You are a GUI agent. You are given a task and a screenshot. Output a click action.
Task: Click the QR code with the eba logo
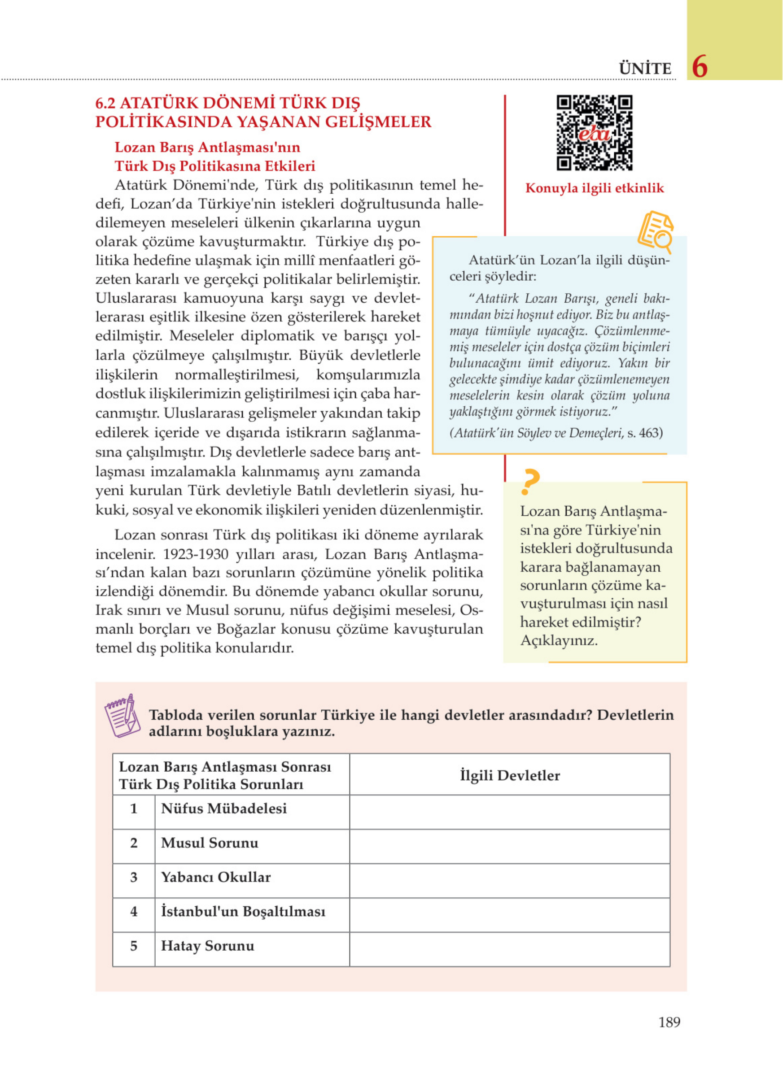click(594, 133)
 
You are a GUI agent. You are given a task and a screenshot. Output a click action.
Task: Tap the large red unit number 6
click(700, 67)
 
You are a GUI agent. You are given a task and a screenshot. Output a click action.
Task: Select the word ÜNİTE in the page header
click(645, 69)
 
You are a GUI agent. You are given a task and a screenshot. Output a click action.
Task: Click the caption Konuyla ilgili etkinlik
click(595, 188)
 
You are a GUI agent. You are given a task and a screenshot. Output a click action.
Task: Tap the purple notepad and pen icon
click(122, 716)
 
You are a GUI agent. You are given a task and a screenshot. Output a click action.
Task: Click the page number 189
click(669, 1022)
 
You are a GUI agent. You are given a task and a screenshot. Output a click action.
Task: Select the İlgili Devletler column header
click(510, 775)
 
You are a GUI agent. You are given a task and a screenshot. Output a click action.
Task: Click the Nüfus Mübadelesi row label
click(224, 809)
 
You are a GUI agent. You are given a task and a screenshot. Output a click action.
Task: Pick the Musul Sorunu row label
click(210, 843)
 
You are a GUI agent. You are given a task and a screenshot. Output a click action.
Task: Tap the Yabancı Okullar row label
click(216, 877)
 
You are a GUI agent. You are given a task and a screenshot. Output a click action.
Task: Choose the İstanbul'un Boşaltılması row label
click(243, 911)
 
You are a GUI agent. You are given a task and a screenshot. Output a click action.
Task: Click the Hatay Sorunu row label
click(208, 946)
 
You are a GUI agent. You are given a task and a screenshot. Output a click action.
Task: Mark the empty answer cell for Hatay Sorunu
click(510, 949)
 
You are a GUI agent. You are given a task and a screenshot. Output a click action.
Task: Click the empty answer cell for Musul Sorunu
click(510, 846)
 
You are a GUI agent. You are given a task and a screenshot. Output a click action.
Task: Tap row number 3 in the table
click(134, 877)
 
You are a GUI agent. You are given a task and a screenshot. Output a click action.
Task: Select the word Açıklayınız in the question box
click(559, 640)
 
